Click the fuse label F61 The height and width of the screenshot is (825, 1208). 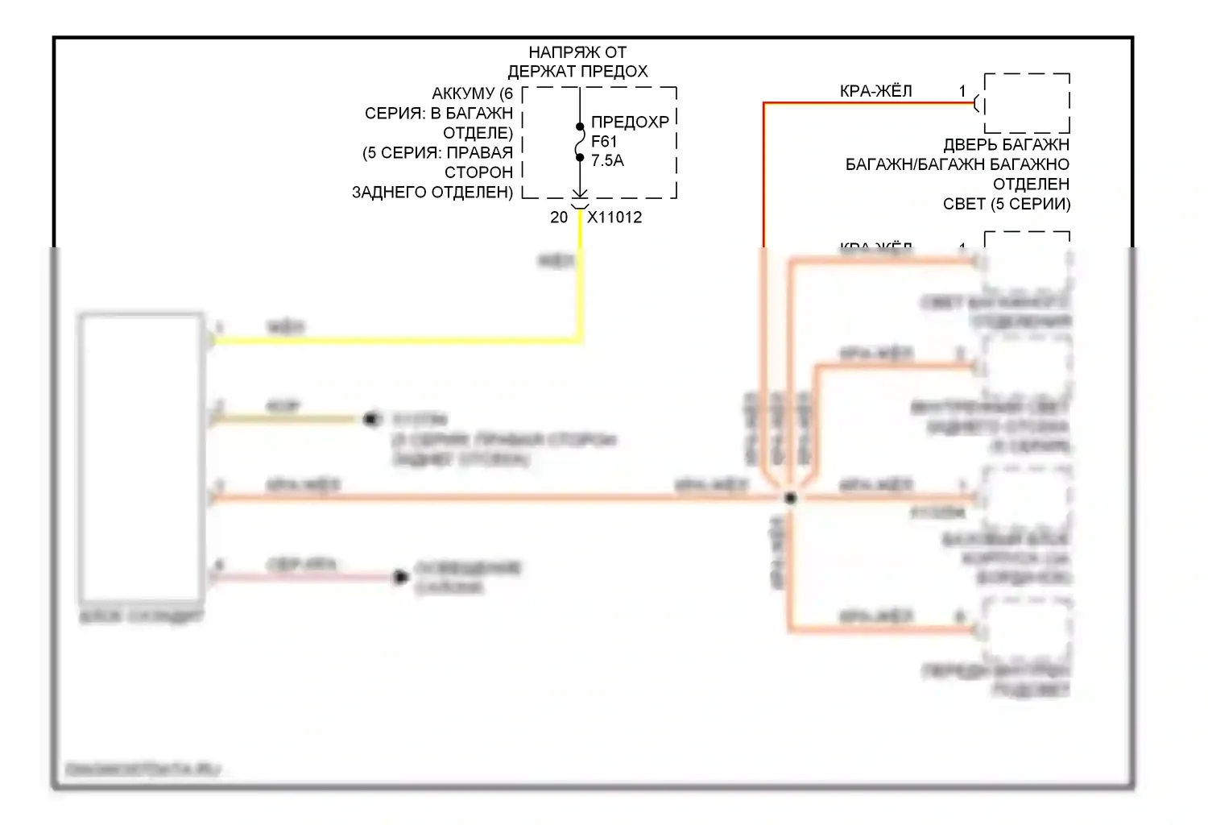(603, 142)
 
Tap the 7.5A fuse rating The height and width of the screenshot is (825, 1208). (607, 161)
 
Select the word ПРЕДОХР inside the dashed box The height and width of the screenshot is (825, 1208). (630, 122)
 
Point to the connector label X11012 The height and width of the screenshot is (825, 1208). (614, 218)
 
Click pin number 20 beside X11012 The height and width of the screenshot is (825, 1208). (559, 218)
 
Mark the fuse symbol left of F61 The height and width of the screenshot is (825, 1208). (580, 142)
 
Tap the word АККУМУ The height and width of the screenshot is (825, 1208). (463, 94)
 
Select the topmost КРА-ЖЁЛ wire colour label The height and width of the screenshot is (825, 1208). (875, 91)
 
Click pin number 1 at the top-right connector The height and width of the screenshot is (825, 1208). (962, 91)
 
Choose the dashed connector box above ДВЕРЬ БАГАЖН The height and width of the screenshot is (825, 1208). (1027, 103)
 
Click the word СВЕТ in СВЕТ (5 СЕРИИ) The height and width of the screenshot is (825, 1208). (964, 204)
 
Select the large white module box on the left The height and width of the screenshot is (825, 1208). (142, 458)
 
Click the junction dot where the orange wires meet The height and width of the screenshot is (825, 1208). (791, 498)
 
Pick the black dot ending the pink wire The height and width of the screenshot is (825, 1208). (400, 577)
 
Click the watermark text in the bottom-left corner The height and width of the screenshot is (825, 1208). (143, 769)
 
